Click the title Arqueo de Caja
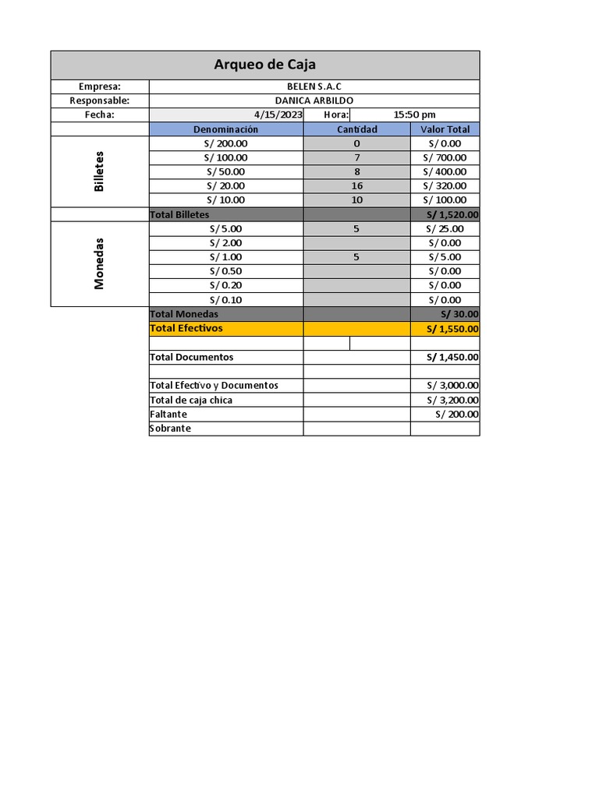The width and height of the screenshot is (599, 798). click(x=264, y=65)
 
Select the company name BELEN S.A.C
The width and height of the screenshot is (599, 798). click(x=314, y=87)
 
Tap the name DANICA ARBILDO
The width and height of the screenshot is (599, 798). click(x=314, y=101)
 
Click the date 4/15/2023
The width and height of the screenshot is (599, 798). click(x=278, y=115)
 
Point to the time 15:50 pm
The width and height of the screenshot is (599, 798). click(x=415, y=115)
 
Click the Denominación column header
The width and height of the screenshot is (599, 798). click(x=225, y=129)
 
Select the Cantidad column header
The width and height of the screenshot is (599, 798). click(x=356, y=129)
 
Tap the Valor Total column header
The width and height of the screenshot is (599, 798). click(x=445, y=129)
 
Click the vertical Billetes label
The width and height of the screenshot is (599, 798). click(x=99, y=171)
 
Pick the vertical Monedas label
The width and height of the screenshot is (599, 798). click(x=99, y=263)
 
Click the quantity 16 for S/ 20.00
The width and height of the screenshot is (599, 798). click(x=356, y=185)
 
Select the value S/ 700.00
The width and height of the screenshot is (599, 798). click(x=445, y=157)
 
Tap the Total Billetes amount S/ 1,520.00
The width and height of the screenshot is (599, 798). click(x=452, y=214)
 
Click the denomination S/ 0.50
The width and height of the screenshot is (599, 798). click(x=225, y=271)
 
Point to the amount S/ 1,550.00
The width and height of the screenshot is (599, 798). click(x=452, y=329)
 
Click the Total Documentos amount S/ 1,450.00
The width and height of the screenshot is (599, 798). click(x=452, y=357)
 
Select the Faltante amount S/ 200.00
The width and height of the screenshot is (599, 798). click(x=457, y=414)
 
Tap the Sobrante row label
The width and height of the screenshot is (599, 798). click(x=170, y=428)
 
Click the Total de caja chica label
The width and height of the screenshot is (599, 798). click(x=191, y=400)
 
